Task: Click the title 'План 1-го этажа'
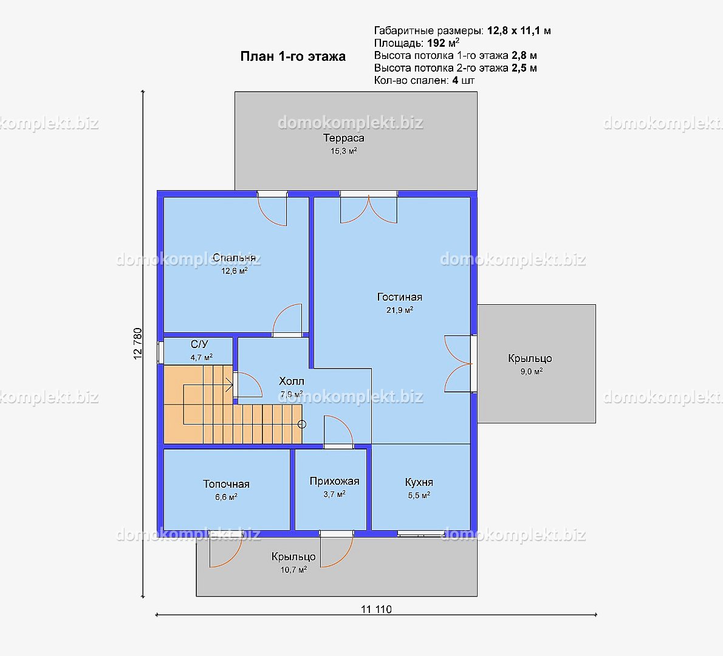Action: click(x=293, y=56)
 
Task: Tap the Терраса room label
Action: click(x=343, y=138)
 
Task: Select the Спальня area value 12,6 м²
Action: click(x=235, y=271)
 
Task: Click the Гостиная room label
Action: click(x=400, y=297)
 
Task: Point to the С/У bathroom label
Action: click(x=199, y=344)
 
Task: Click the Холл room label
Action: click(x=292, y=381)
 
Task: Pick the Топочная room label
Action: click(x=226, y=484)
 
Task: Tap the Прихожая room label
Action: click(x=334, y=481)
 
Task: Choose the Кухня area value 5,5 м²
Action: click(x=419, y=496)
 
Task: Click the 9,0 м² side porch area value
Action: click(x=532, y=372)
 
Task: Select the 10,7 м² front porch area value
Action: click(x=293, y=570)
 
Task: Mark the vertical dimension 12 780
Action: click(x=138, y=343)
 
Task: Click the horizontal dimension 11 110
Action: click(x=376, y=609)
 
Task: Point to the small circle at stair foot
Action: click(x=302, y=424)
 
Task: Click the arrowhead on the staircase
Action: click(x=229, y=384)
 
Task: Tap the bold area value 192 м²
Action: click(x=443, y=43)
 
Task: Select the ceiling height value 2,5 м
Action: click(x=524, y=68)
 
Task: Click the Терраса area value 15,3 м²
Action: click(x=343, y=151)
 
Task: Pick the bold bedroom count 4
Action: click(x=455, y=81)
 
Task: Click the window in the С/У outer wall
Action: click(x=161, y=352)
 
